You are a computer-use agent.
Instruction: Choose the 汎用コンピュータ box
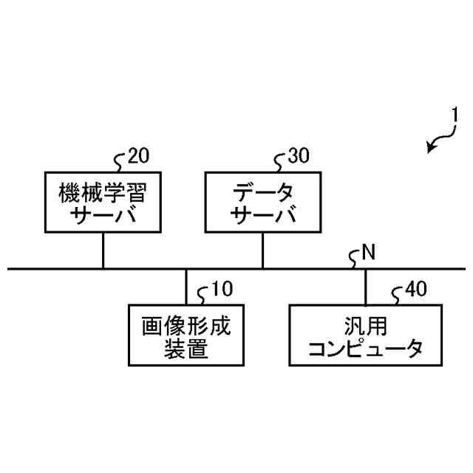coord(365,335)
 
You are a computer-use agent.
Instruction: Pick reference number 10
coord(221,289)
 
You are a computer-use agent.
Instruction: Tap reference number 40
coord(415,289)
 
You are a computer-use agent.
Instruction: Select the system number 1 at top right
coord(456,117)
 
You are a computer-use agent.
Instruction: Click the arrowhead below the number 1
coord(431,149)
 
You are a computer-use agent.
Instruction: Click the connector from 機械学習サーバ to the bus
coord(103,251)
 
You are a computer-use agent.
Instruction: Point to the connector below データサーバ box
coord(262,251)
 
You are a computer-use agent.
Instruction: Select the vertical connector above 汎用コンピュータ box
coord(365,287)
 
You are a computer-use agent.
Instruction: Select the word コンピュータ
coord(365,348)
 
